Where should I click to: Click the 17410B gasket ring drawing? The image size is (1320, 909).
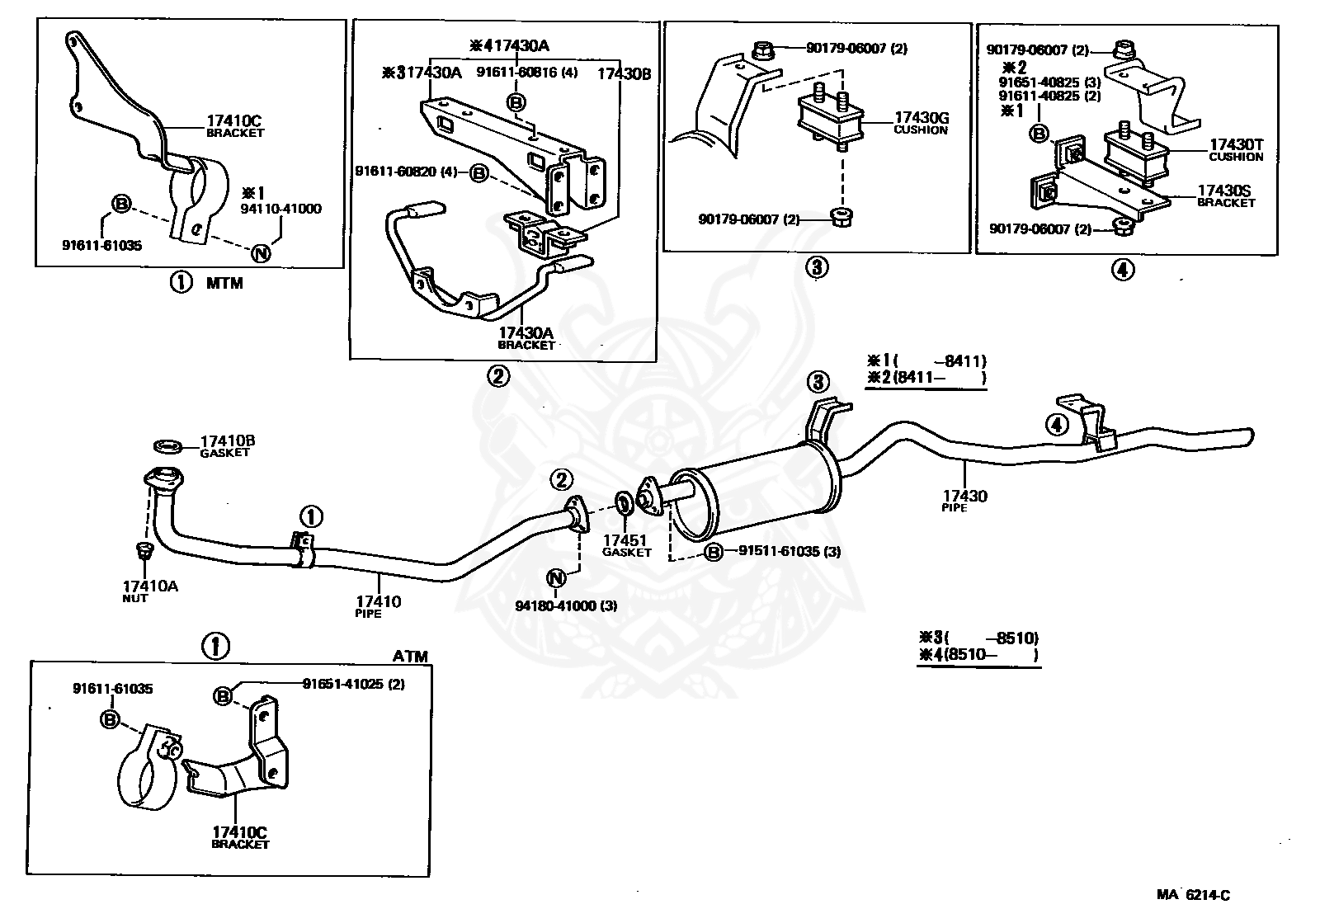168,446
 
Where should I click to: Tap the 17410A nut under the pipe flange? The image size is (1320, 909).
144,550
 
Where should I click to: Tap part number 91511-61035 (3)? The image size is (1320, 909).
790,551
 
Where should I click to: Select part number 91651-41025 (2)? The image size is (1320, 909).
354,684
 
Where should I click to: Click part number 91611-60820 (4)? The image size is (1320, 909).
406,172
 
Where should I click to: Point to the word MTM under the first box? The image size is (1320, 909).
224,284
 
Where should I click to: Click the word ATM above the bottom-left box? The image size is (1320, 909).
410,657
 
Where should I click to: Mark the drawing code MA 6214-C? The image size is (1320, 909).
1193,895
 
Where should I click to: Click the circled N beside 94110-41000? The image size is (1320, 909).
261,253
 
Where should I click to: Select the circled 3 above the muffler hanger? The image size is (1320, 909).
818,382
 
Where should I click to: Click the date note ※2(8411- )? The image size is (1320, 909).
926,378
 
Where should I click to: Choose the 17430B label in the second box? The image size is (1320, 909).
624,73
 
